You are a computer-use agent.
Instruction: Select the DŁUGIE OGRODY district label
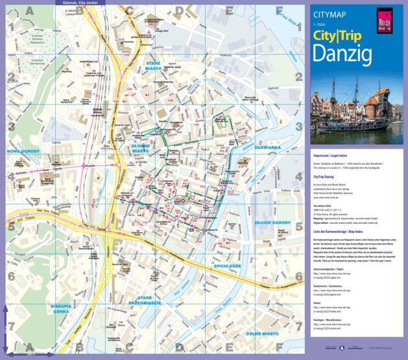[x=272, y=222]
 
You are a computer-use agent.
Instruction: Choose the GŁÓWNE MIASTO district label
[x=141, y=149]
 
